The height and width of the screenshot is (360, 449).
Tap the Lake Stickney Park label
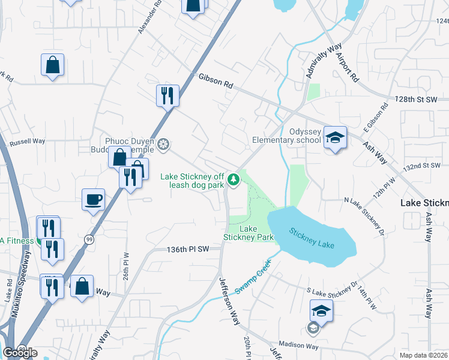coord(249,233)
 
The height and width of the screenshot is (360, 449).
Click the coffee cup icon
coord(94,199)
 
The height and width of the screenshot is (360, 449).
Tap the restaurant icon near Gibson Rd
coord(167,95)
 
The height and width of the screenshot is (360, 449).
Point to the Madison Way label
coord(298,346)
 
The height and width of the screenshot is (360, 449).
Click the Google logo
coord(20,353)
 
